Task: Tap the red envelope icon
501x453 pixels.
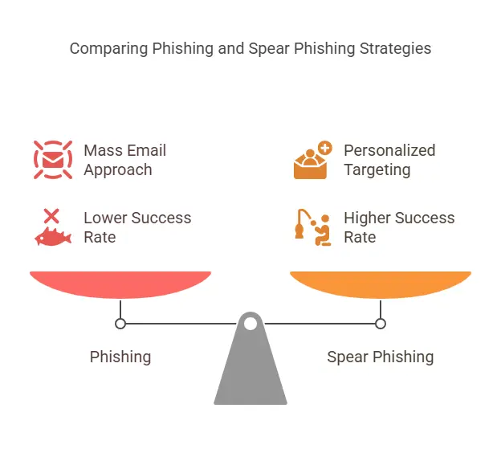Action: [53, 159]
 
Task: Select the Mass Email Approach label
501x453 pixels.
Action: [124, 160]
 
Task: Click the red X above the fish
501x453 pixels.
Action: [51, 215]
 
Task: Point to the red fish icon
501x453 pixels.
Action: [52, 236]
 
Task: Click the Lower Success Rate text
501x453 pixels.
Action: [136, 227]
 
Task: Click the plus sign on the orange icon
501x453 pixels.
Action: [324, 148]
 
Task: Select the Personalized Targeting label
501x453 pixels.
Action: [389, 160]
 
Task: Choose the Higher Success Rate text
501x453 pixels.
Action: [398, 227]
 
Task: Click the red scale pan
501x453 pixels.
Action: [120, 284]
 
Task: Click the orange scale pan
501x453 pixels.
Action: [381, 284]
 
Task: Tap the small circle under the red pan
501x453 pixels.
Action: [120, 324]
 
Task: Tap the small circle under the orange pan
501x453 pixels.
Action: [381, 324]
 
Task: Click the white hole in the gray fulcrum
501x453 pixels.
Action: [250, 324]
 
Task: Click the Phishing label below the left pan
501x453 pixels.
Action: [120, 357]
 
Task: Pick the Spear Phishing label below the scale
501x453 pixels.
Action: [380, 357]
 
